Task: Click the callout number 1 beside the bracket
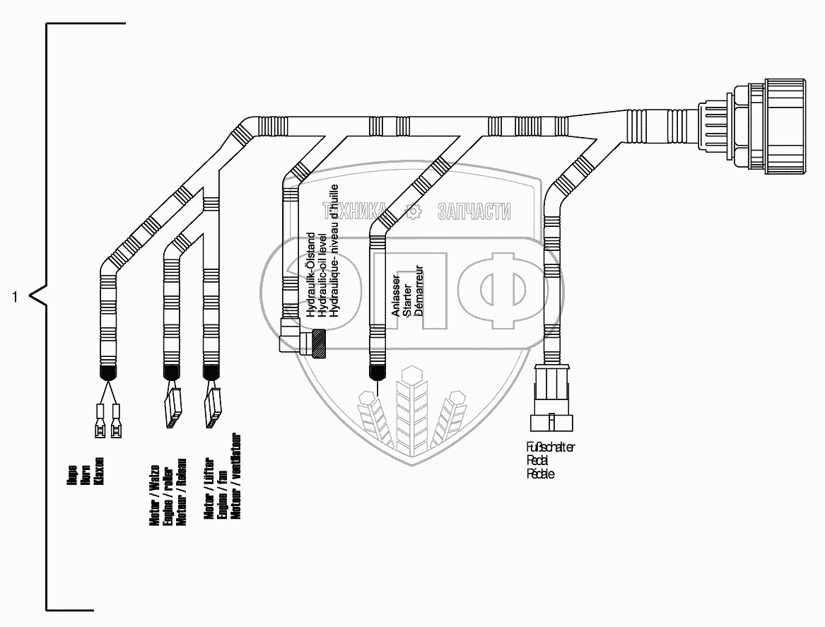tap(15, 297)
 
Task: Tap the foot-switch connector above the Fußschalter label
tap(552, 399)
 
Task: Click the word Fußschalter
tap(550, 447)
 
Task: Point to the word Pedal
tap(537, 460)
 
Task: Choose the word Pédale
tap(540, 474)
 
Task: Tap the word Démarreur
tap(419, 296)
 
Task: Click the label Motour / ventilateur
tap(236, 475)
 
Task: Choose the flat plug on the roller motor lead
tap(172, 408)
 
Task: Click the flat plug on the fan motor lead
tap(211, 408)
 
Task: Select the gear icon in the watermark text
tap(412, 210)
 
